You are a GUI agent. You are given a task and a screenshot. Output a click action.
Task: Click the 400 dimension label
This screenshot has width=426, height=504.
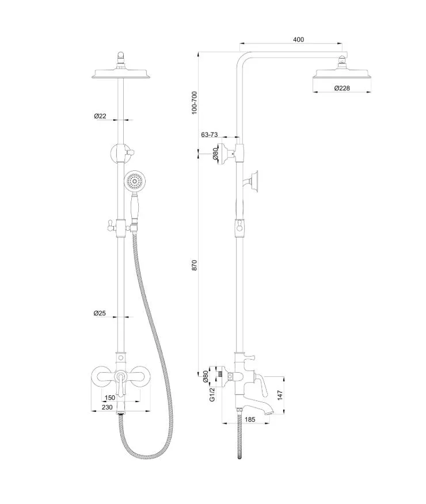[298, 40]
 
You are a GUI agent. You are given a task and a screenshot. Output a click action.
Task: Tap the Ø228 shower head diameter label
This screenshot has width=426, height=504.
[342, 88]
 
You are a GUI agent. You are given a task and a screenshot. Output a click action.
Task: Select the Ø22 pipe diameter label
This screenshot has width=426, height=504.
[100, 116]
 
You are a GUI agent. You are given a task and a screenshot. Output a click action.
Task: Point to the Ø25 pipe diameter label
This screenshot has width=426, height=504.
[100, 313]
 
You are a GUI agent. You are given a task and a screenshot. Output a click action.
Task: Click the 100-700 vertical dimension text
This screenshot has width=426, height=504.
[194, 102]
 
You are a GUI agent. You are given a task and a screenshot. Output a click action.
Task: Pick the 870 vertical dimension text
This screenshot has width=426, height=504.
[194, 265]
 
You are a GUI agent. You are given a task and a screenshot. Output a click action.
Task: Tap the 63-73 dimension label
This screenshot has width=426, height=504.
[210, 135]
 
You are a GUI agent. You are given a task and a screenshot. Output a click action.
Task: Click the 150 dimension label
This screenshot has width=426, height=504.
[110, 398]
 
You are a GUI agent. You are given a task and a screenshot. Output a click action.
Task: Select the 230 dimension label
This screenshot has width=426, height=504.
[107, 407]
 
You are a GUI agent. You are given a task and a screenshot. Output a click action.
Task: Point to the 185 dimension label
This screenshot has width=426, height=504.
[250, 419]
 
